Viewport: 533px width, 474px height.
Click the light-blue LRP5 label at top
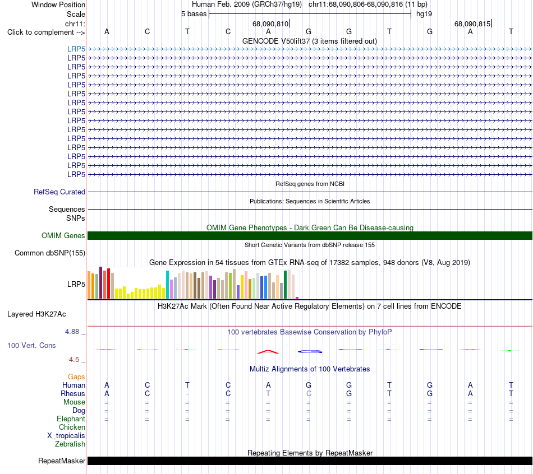tap(76, 49)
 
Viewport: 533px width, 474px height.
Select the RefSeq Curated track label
tap(59, 192)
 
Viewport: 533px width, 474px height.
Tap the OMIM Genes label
tap(63, 236)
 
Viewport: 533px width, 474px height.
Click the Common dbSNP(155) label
tap(50, 253)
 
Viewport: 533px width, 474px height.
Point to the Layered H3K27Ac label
tap(36, 314)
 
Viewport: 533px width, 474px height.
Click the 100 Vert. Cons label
tap(31, 345)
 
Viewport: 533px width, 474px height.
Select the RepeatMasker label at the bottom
tap(62, 461)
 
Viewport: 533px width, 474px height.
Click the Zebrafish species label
tap(70, 444)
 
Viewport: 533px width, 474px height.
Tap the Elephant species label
tap(71, 419)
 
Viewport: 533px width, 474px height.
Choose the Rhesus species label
tap(73, 393)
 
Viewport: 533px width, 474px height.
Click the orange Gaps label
tap(76, 377)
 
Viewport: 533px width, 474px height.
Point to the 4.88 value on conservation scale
tap(72, 331)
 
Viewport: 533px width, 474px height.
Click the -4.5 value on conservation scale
tap(73, 360)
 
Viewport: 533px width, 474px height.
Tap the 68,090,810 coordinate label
tap(270, 24)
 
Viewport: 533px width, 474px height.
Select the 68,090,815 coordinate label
tap(472, 24)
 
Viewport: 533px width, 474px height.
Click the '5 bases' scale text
tap(194, 14)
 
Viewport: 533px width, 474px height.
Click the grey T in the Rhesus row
tap(268, 393)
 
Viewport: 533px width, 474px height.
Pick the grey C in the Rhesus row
tap(309, 393)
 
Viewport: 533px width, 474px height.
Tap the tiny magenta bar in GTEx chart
tap(297, 298)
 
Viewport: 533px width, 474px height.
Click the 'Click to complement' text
tap(40, 32)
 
